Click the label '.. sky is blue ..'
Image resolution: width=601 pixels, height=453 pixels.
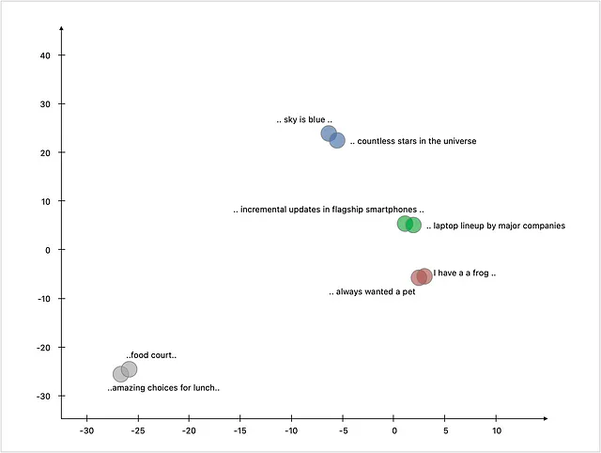[x=304, y=119]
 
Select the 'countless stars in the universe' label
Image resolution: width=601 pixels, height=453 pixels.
[x=413, y=141]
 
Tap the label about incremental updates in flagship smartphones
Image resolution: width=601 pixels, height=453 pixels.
[x=329, y=210]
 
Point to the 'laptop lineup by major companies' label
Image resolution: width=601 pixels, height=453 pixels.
[x=496, y=226]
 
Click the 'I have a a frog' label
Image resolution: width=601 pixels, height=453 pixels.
[x=465, y=273]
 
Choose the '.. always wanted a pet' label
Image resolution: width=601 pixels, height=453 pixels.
[x=372, y=292]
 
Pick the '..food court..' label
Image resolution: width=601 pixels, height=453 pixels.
[x=151, y=355]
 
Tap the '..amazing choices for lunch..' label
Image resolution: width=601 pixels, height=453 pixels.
[x=163, y=388]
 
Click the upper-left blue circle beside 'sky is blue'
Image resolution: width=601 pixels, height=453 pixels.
[x=329, y=133]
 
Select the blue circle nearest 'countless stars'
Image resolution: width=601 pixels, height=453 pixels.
[x=337, y=140]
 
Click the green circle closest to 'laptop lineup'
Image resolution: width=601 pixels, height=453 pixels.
[x=413, y=225]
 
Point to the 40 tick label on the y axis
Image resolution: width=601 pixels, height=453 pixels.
[x=45, y=55]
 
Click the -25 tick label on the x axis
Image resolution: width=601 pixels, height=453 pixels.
[x=138, y=430]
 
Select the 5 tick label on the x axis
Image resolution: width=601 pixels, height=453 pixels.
[x=445, y=430]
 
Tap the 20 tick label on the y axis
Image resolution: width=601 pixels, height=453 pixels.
[x=45, y=153]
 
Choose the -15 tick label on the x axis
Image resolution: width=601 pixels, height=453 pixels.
[x=240, y=430]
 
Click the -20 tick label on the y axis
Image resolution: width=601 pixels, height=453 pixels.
[x=43, y=348]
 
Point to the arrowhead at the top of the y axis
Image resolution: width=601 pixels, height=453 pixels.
[x=61, y=28]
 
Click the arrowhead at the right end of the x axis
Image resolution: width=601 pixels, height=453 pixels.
[x=546, y=418]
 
